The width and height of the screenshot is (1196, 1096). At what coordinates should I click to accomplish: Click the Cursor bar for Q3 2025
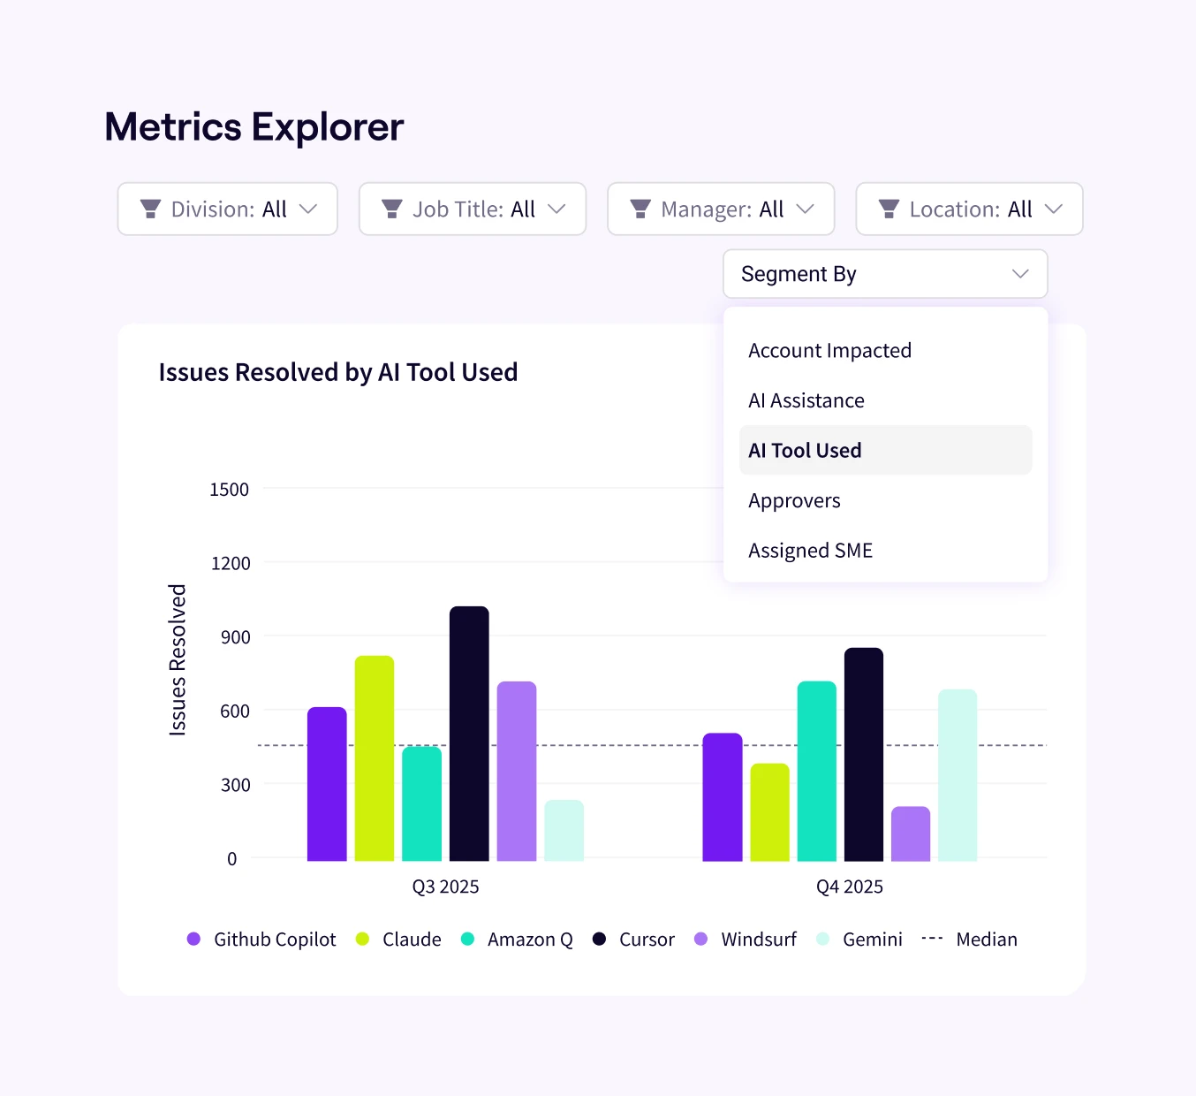(469, 734)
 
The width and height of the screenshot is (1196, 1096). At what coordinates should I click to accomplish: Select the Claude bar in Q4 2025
(769, 812)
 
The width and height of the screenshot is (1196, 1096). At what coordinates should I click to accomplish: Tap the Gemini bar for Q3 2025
(564, 830)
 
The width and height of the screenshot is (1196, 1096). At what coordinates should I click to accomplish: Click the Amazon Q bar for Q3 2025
(421, 803)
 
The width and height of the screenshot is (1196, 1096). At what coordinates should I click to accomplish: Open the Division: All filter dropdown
(228, 209)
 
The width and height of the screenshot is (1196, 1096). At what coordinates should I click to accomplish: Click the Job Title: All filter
(473, 209)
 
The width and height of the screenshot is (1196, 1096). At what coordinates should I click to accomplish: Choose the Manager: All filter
(721, 209)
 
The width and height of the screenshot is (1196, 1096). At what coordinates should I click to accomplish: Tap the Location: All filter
(969, 209)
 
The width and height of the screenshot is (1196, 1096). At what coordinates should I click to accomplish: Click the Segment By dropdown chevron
(1020, 274)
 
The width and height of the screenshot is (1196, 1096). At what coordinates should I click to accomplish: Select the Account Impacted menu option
(829, 351)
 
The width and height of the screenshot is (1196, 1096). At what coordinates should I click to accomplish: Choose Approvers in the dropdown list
(794, 501)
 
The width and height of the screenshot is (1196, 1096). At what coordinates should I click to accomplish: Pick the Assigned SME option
(810, 551)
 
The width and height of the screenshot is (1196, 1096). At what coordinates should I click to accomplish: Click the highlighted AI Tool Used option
(805, 451)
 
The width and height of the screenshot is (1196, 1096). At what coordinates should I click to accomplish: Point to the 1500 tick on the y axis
(229, 490)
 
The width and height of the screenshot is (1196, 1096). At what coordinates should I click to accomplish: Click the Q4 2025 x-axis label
(849, 887)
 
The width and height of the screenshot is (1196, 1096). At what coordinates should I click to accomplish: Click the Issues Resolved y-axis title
(178, 659)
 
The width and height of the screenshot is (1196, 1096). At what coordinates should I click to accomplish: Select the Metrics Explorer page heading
(254, 127)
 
